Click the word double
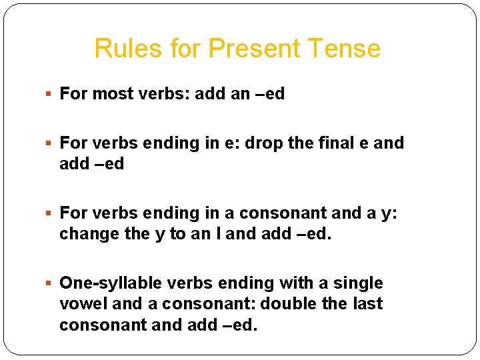click(287, 304)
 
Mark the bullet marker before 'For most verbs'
click(51, 94)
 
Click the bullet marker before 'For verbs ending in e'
click(51, 143)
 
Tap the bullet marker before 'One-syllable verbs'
click(51, 283)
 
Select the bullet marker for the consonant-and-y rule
click(51, 213)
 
